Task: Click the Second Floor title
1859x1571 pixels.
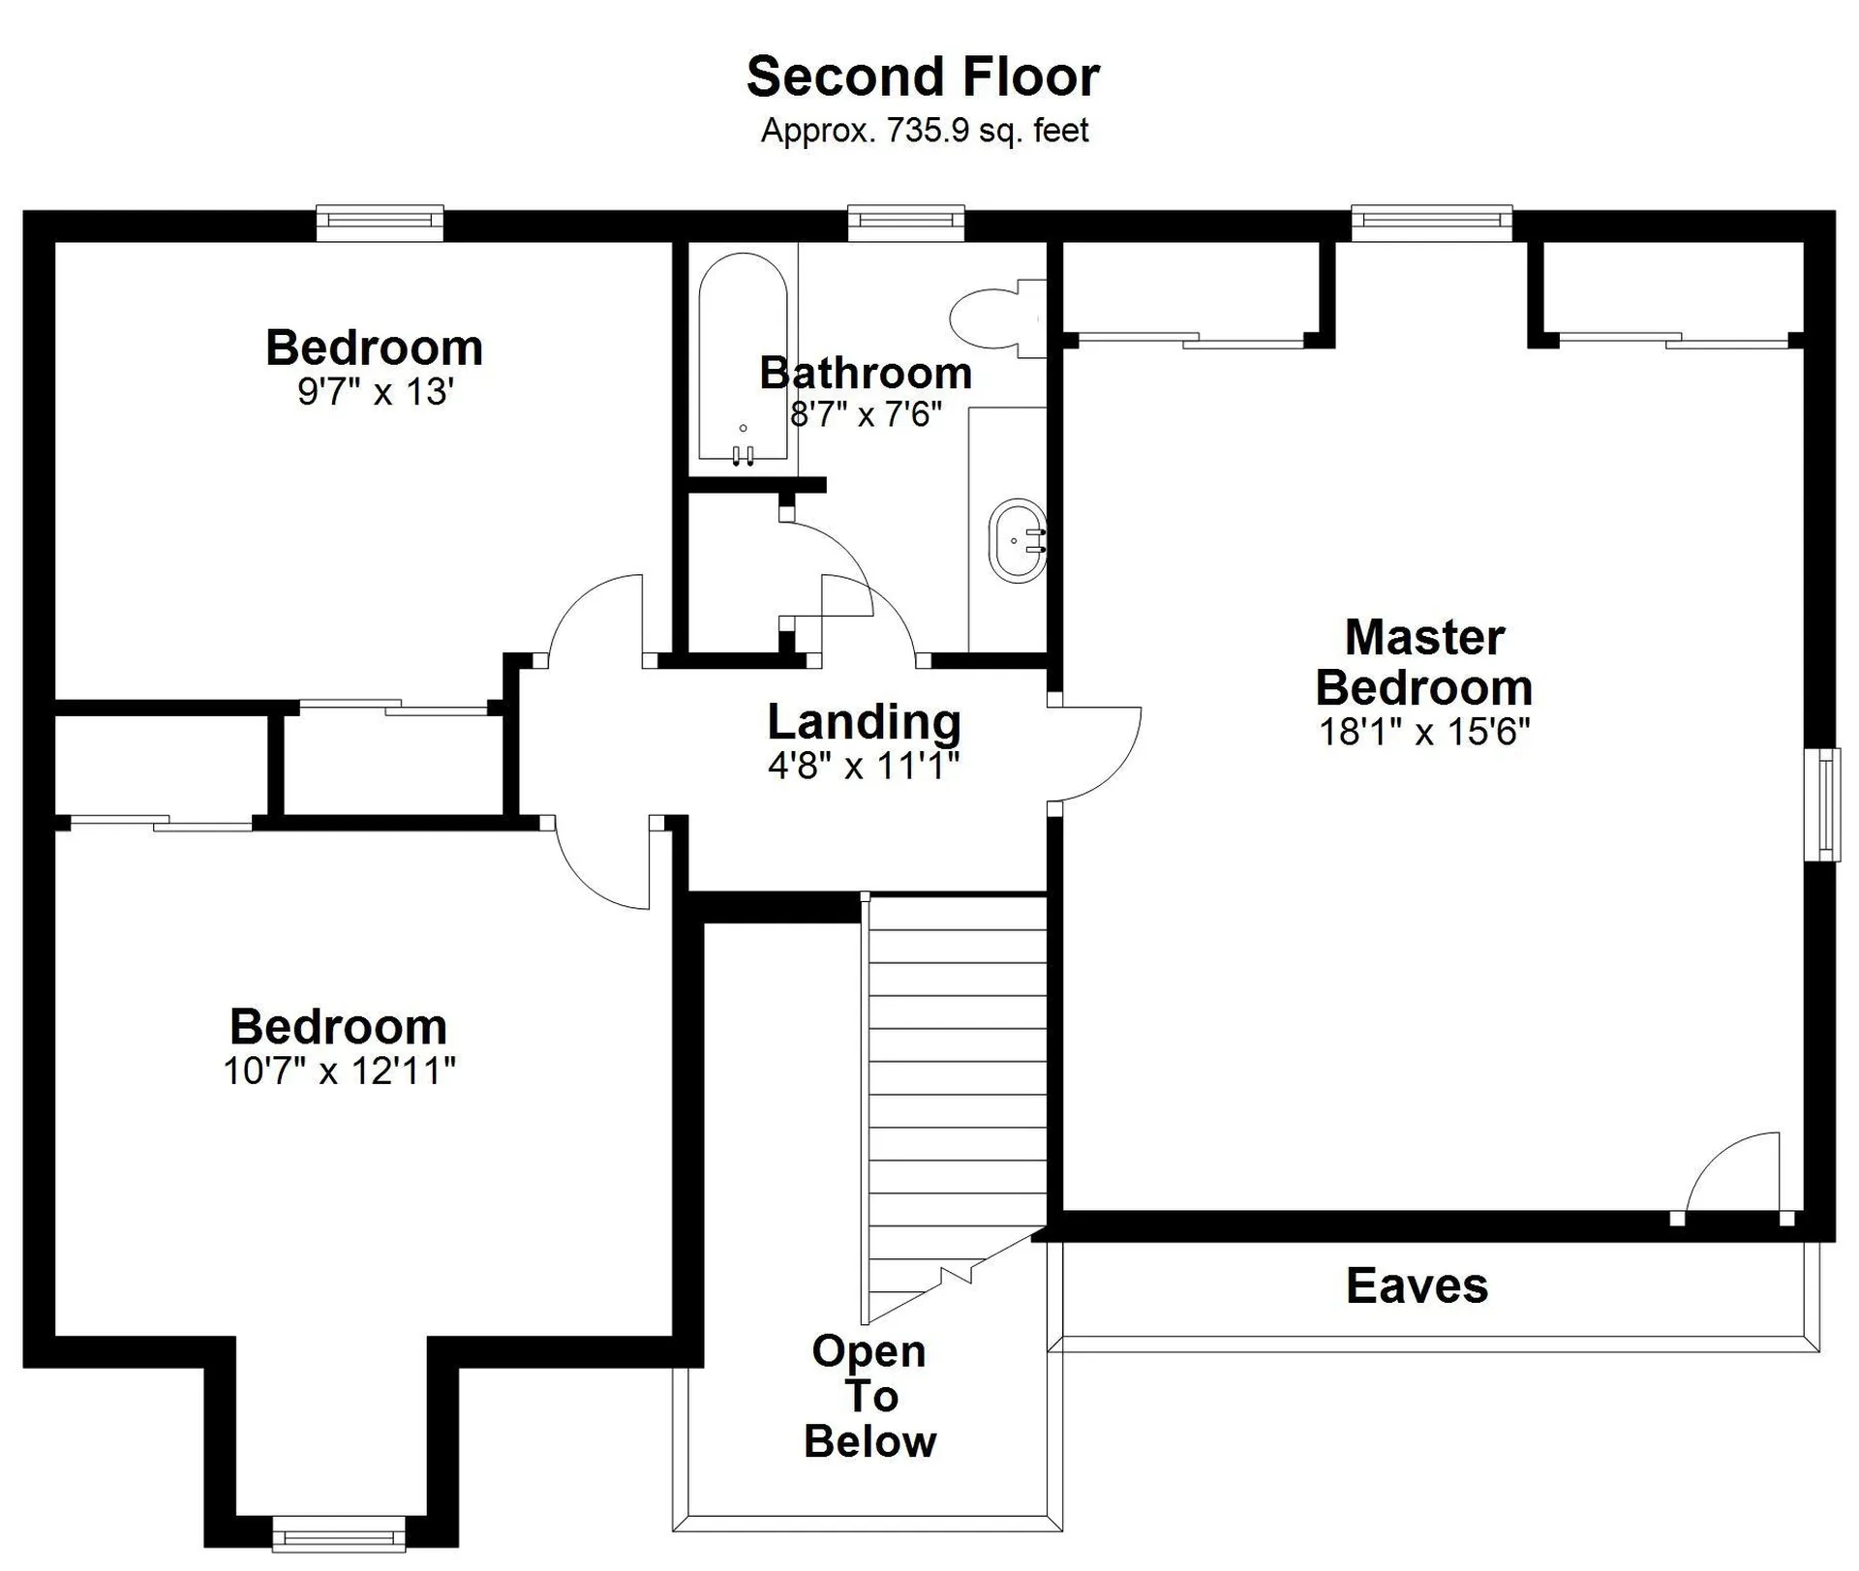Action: pos(923,76)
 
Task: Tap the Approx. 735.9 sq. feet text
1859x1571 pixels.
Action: pos(925,130)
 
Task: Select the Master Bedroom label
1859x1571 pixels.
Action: pos(1424,662)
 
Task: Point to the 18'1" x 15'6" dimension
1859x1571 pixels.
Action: pos(1424,731)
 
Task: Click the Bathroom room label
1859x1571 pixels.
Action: pos(866,373)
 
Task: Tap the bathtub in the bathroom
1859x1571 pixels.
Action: pos(743,357)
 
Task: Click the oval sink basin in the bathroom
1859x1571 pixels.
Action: pos(1018,540)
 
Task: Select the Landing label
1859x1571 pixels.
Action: pos(864,721)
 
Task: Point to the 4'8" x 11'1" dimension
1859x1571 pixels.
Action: pos(864,766)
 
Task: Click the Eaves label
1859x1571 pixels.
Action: pos(1417,1285)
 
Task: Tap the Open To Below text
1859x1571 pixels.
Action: pos(869,1396)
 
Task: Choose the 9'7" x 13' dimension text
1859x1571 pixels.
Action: pos(376,392)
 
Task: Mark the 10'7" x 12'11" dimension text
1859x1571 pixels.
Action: pos(339,1071)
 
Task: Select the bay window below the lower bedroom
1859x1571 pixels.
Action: pos(338,1534)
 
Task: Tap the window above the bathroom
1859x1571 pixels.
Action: pos(906,222)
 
